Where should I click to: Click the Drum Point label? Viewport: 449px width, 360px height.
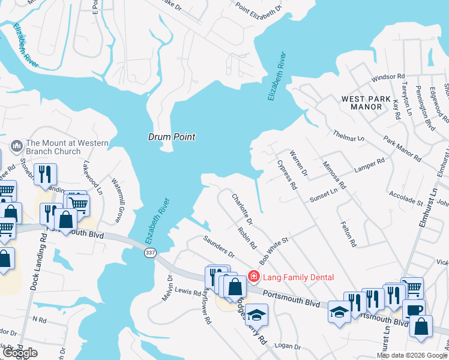[x=172, y=137]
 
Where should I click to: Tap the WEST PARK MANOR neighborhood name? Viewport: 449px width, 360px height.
[x=370, y=103]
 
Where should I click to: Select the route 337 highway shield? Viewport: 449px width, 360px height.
[x=150, y=253]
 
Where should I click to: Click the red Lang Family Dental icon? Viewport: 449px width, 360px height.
[x=254, y=277]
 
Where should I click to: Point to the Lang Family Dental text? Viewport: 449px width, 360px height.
[x=298, y=277]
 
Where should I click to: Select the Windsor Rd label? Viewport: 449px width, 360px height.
[x=388, y=77]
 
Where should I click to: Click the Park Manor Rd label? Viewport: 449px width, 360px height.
[x=402, y=149]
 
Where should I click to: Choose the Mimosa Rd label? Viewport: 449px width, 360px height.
[x=334, y=175]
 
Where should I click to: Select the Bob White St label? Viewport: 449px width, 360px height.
[x=274, y=251]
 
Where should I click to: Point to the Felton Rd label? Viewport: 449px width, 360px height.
[x=348, y=235]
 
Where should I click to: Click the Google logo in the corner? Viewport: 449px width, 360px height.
[x=20, y=353]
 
